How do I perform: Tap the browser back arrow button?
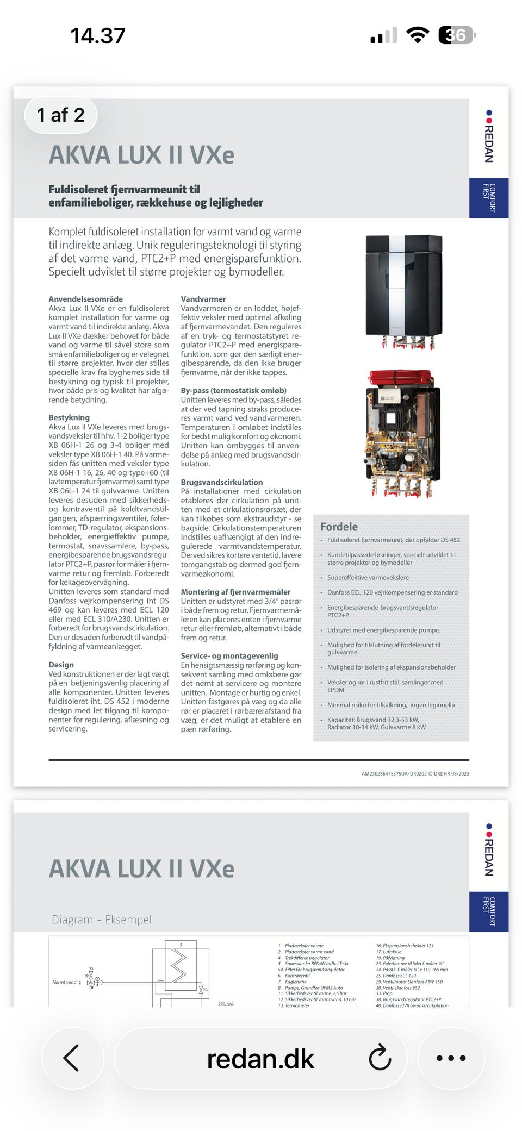[x=72, y=1058]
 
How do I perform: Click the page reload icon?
[x=380, y=1058]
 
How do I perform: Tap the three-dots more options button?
[x=451, y=1058]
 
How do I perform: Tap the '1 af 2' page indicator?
[x=60, y=115]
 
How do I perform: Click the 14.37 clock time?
[x=98, y=36]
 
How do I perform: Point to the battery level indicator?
[x=456, y=35]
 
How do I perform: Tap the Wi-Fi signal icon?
[x=418, y=35]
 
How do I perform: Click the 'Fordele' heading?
[x=339, y=527]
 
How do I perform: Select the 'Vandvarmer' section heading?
[x=203, y=299]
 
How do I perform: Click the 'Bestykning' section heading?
[x=69, y=417]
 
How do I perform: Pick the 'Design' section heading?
[x=61, y=665]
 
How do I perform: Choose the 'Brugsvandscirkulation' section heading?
[x=221, y=482]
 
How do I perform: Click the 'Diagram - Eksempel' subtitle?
[x=101, y=920]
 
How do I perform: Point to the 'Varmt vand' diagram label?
[x=64, y=982]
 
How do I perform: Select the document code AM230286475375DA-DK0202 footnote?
[x=415, y=773]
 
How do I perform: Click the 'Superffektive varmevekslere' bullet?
[x=368, y=578]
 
